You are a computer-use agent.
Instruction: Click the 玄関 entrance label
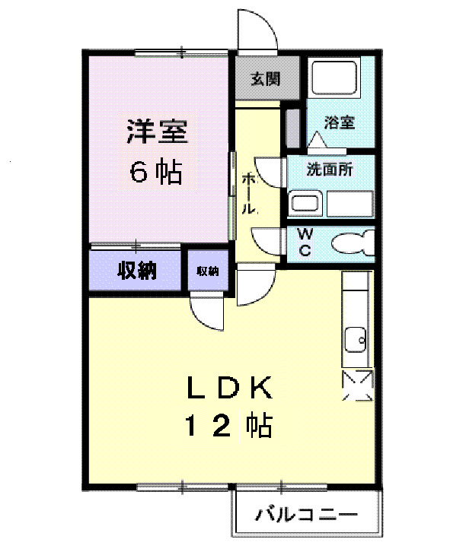(x=266, y=78)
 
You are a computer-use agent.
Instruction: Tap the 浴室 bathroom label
(x=338, y=122)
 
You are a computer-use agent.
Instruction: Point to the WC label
(x=304, y=243)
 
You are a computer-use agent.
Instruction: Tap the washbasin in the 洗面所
(x=306, y=203)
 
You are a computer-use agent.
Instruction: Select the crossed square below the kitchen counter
(x=357, y=385)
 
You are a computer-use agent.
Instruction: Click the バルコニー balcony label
(x=305, y=515)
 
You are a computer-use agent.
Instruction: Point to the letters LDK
(x=230, y=389)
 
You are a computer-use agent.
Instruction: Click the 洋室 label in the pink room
(x=156, y=132)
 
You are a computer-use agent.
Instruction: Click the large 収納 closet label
(x=136, y=270)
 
